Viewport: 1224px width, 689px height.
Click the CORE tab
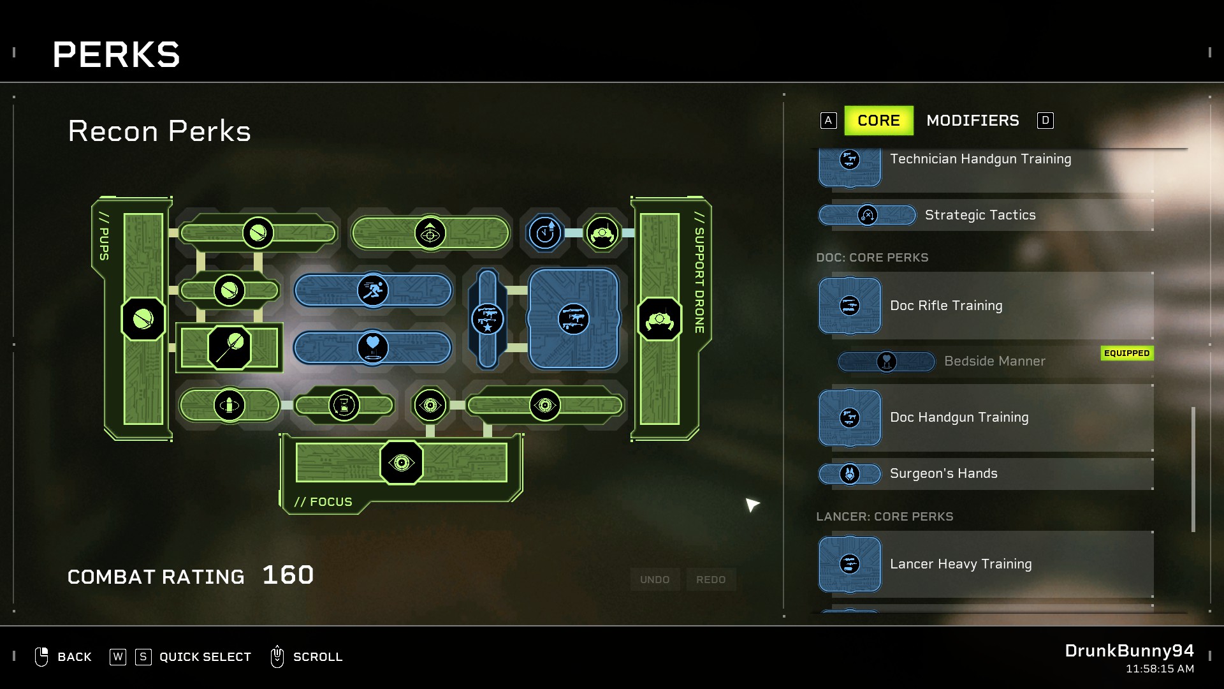tap(878, 121)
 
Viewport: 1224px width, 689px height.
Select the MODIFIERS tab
tap(972, 121)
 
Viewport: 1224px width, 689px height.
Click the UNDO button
tap(655, 579)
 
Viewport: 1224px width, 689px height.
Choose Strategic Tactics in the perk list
tap(980, 215)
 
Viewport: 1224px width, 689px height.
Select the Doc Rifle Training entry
tap(946, 306)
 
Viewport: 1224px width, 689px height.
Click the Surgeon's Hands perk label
tap(943, 473)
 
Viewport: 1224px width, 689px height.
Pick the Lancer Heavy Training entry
tap(961, 564)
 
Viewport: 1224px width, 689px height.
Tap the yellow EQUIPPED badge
tap(1126, 353)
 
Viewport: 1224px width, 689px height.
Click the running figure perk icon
tap(373, 290)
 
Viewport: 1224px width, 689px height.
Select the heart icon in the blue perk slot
tap(373, 347)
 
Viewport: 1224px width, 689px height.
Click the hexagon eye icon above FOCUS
tap(401, 463)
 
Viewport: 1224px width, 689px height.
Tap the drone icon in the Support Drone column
tap(659, 319)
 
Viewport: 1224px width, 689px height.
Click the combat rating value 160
tap(288, 575)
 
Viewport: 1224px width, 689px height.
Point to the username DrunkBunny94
tap(1129, 651)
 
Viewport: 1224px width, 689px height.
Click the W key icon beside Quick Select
tap(118, 657)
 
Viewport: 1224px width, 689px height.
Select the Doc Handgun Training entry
tap(959, 417)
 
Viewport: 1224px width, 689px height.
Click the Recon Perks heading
tap(159, 131)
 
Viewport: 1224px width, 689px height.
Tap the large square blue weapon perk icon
tap(573, 319)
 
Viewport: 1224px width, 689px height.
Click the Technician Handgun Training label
tap(980, 159)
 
